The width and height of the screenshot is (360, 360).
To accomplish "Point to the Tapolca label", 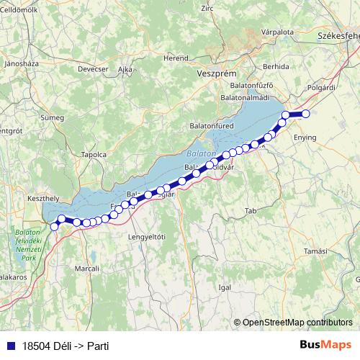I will [x=94, y=154].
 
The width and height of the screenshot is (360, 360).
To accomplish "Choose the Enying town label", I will [x=305, y=137].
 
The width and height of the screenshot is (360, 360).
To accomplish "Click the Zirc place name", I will [x=228, y=9].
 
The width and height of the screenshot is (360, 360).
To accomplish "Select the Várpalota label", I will [x=277, y=32].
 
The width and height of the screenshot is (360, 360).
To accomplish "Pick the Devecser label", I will [x=92, y=69].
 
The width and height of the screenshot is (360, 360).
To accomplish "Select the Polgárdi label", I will [x=321, y=87].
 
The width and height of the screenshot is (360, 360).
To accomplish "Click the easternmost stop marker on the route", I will [x=305, y=114].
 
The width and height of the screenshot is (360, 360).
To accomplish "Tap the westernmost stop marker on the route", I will [x=54, y=227].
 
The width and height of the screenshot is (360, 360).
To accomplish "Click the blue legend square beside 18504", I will [x=10, y=346].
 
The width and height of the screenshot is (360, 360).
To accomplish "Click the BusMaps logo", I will [x=325, y=345].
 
